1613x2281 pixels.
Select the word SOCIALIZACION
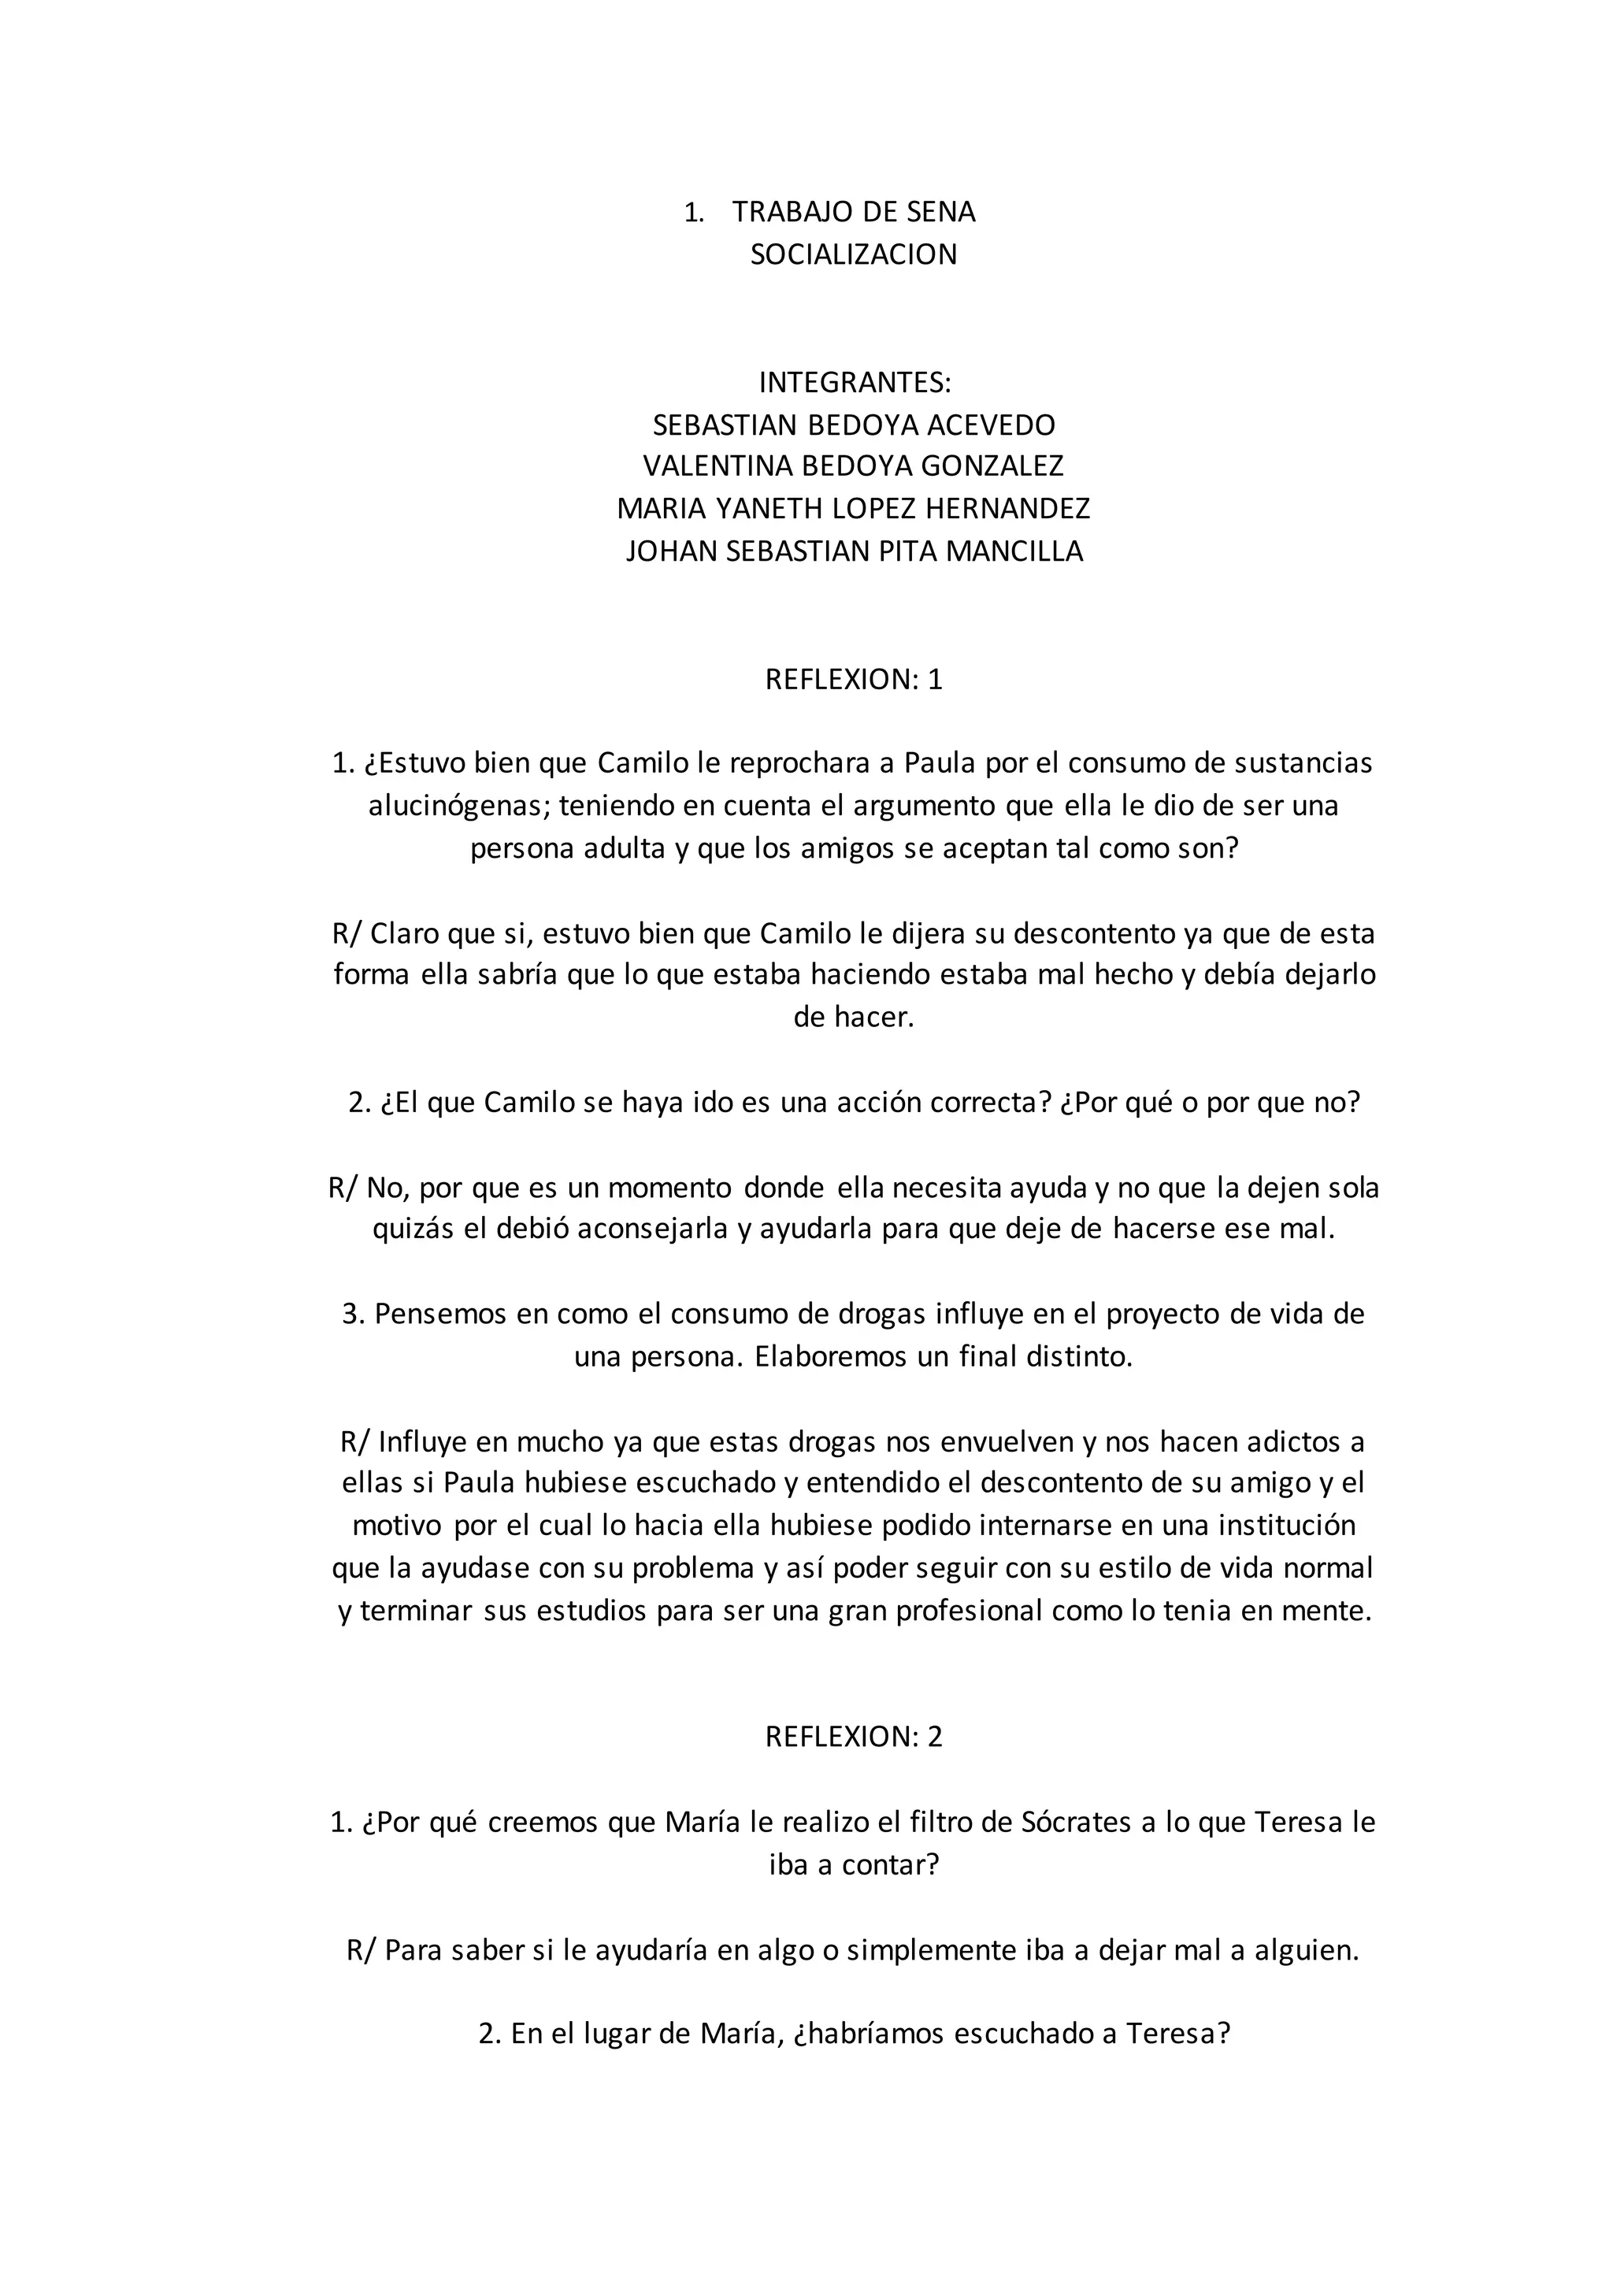853,254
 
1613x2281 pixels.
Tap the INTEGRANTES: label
855,383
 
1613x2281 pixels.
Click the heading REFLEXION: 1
853,680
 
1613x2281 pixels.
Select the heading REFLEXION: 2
853,1737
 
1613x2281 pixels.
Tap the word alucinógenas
459,806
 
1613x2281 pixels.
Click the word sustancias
1303,763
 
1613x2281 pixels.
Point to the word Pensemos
439,1315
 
